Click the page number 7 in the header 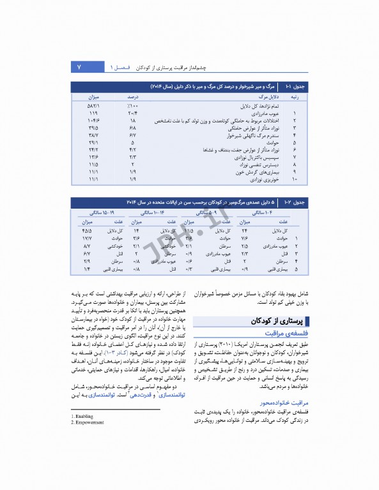(x=79, y=67)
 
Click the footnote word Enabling (x=82, y=416)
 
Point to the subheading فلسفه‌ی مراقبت (x=288, y=334)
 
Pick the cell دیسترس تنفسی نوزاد (x=251, y=165)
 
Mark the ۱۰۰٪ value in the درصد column (x=131, y=105)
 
